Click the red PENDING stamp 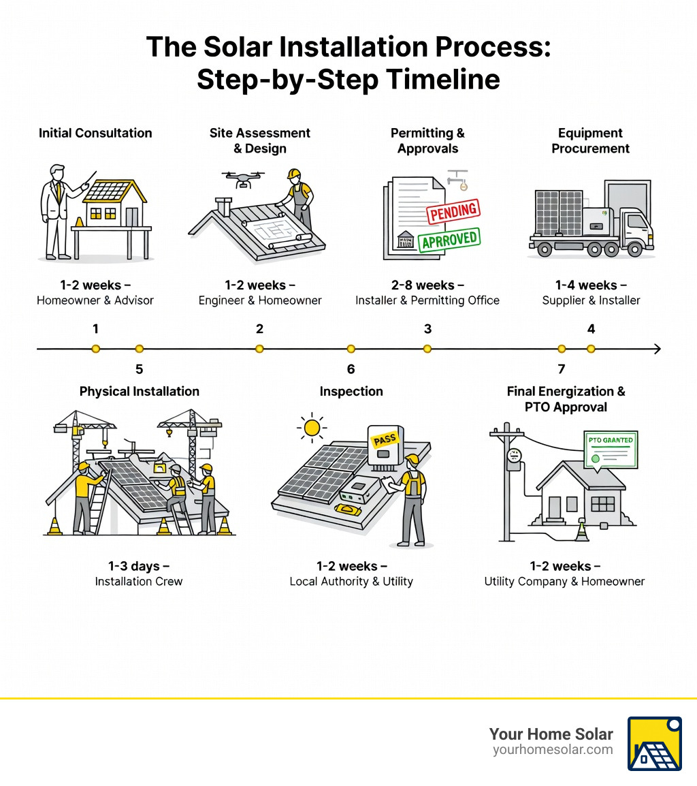(453, 212)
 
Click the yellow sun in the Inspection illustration (312, 428)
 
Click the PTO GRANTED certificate (610, 448)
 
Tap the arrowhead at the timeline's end (657, 349)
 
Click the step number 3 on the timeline (427, 329)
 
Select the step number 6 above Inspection (351, 369)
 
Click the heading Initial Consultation (95, 133)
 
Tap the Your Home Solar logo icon (654, 743)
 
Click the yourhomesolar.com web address (553, 750)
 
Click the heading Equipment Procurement (590, 140)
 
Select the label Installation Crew (139, 582)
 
